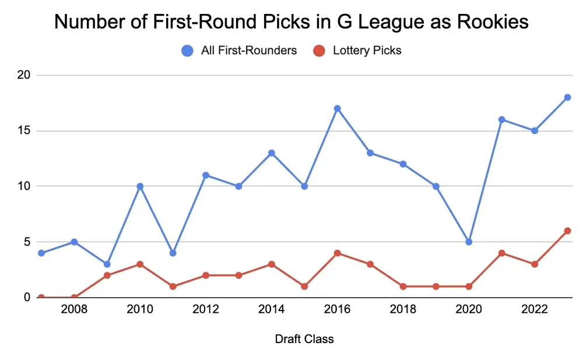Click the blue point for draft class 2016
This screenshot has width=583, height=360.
337,108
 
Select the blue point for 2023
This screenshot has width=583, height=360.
567,97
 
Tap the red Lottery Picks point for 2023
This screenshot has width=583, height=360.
567,231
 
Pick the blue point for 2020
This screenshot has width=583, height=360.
469,242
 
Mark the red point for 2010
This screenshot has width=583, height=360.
140,264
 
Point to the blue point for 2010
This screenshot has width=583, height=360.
140,186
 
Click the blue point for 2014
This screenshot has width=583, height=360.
272,153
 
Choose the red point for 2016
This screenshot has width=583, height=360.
337,253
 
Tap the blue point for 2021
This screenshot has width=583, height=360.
501,119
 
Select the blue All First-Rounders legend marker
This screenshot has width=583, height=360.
188,51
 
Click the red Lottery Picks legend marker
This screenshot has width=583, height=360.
319,51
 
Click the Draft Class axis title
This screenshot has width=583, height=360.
304,339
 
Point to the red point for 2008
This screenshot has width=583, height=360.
74,297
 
